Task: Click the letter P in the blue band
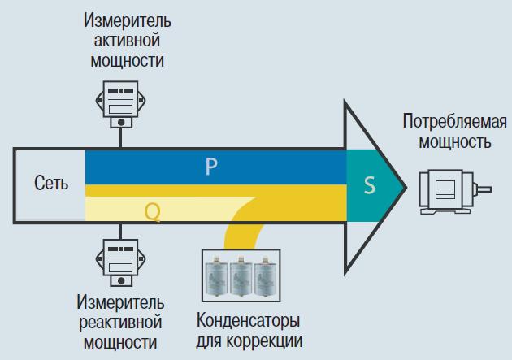click(x=210, y=167)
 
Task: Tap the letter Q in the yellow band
click(x=152, y=211)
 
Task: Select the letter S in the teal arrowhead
click(x=369, y=186)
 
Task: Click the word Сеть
click(x=51, y=184)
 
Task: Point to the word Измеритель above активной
click(x=121, y=18)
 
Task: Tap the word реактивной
click(x=121, y=321)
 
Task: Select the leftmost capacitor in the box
click(x=218, y=275)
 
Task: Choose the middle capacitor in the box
click(x=243, y=275)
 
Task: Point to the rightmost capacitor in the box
click(x=268, y=275)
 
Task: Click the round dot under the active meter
click(x=121, y=123)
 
